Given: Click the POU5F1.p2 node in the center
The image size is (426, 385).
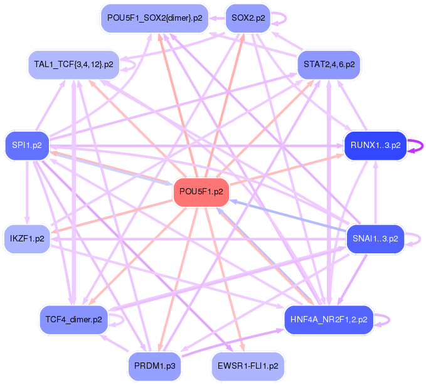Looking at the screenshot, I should [x=201, y=190].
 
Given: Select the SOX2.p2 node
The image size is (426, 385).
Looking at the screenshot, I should [x=247, y=18].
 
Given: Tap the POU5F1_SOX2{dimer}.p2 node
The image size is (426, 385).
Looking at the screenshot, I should [x=154, y=18].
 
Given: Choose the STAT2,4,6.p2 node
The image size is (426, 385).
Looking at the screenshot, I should [x=329, y=64].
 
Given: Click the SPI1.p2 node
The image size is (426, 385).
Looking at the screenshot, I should [x=27, y=145].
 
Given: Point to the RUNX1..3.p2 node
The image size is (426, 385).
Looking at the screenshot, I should [x=375, y=145].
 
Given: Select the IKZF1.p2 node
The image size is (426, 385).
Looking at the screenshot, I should [x=27, y=238].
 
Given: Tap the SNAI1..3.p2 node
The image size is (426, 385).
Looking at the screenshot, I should [x=375, y=238].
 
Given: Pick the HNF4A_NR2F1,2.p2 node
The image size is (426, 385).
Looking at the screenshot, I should [x=329, y=319].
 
